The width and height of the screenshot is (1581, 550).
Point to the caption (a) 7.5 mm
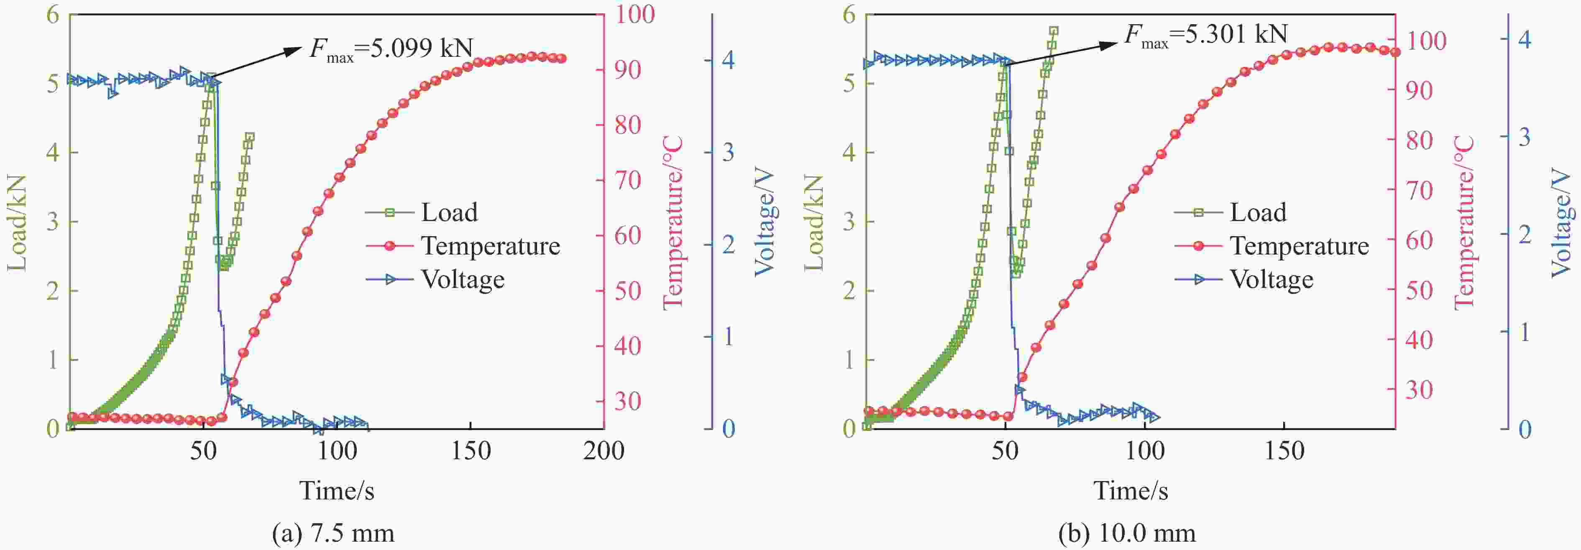pos(333,533)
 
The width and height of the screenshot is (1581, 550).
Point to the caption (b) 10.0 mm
pos(1127,533)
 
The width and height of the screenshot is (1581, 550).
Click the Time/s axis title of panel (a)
pos(336,491)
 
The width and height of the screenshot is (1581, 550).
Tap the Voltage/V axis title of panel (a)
pos(765,222)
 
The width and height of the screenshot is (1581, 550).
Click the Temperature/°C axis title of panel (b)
pos(1464,222)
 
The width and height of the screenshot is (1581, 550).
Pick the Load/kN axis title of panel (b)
pos(814,222)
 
